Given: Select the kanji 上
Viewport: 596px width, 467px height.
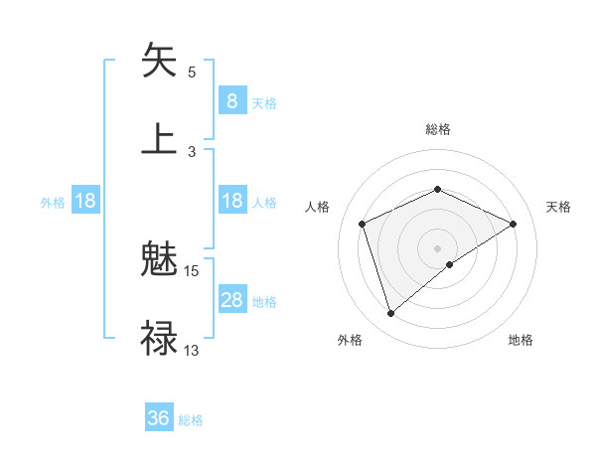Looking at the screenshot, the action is (159, 139).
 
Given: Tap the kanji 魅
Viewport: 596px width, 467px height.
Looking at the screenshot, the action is (159, 261).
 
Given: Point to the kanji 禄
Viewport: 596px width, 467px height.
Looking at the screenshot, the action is (159, 338).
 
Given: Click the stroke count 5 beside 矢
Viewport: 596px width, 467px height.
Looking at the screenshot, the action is (192, 73).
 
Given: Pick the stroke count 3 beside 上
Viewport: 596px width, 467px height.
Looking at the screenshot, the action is (192, 152).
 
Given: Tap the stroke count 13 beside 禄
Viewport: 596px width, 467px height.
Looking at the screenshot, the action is (192, 350).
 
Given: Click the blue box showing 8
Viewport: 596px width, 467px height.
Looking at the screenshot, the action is (231, 100).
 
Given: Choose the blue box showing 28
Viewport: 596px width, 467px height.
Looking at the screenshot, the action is (231, 300).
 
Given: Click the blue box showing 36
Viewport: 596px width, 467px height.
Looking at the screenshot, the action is (159, 418).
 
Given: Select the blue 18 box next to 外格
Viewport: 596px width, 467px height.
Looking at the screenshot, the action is (85, 201).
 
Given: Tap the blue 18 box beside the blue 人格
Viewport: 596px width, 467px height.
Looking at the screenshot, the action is (231, 201).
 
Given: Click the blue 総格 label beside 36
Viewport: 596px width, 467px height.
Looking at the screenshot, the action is (191, 420).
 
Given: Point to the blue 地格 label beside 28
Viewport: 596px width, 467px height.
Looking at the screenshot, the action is (264, 302).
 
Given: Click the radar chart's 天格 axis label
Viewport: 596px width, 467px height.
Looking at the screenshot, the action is (559, 207).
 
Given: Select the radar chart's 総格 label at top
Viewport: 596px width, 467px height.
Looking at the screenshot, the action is (438, 129).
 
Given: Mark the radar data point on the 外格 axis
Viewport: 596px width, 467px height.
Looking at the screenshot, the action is (390, 314).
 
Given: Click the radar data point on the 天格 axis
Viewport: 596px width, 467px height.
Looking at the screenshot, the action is (514, 224).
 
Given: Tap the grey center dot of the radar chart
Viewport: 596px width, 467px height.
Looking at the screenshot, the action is (438, 247).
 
